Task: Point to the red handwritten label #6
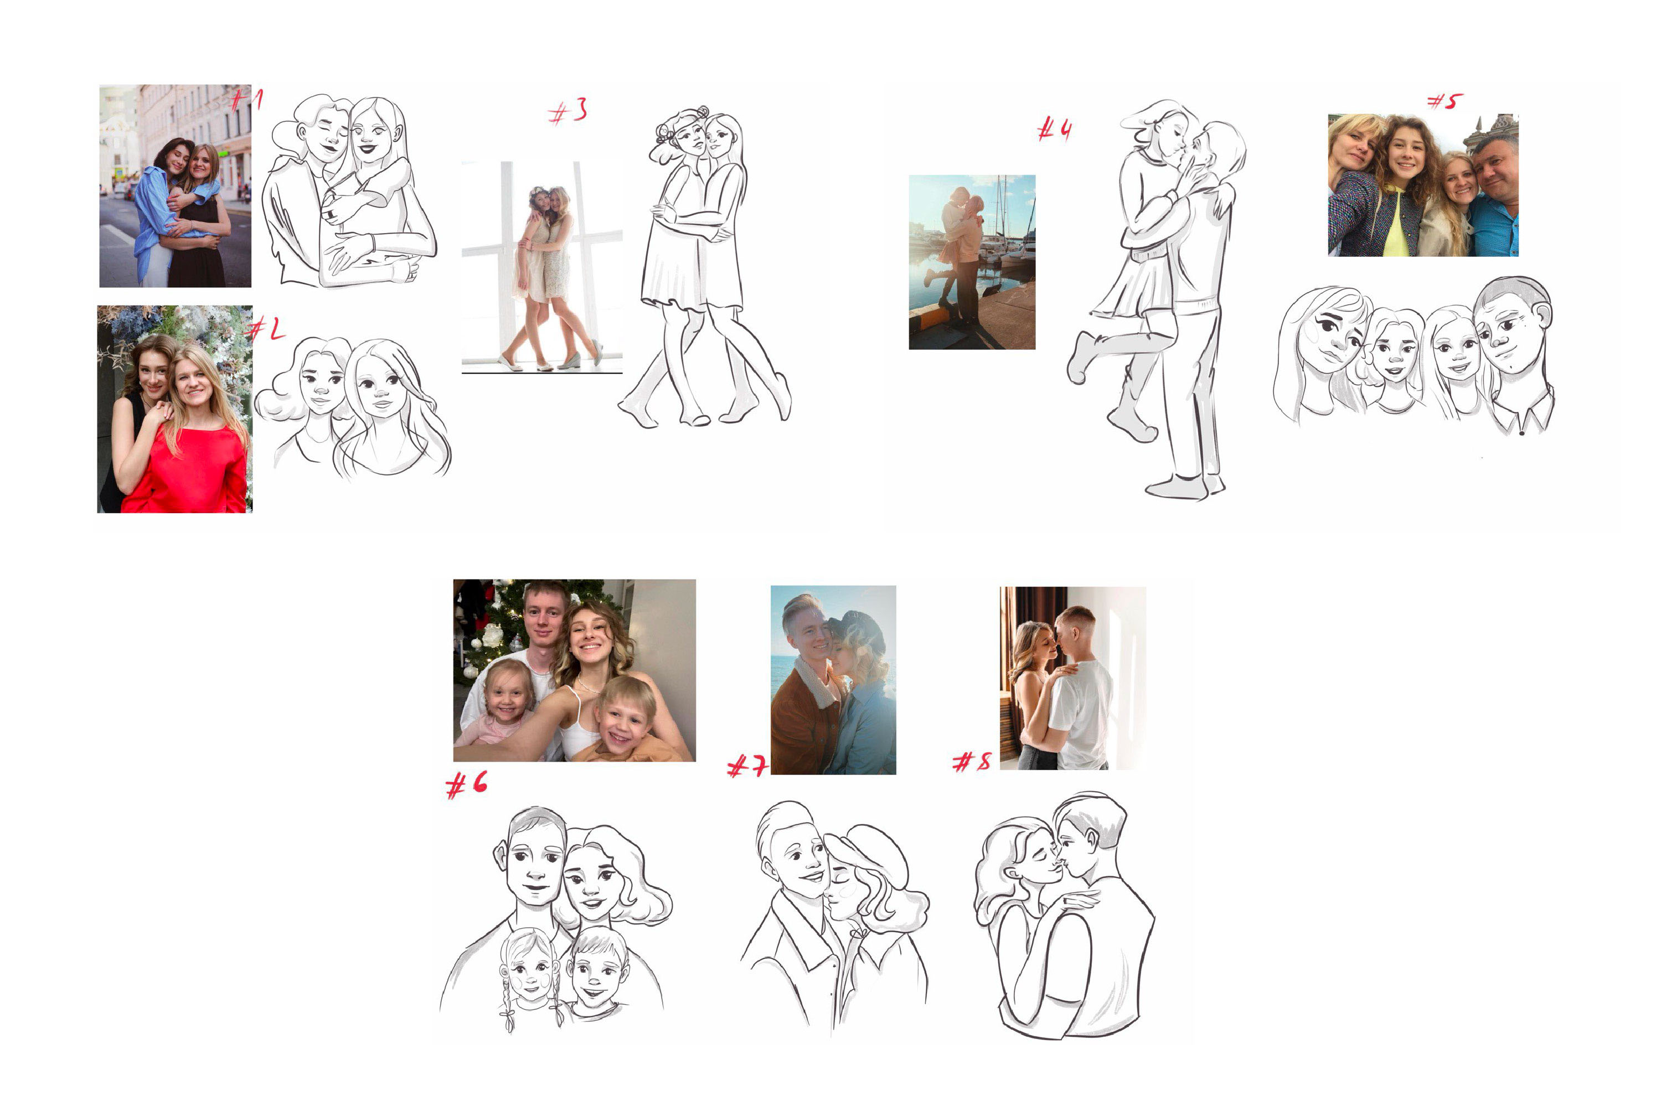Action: tap(467, 784)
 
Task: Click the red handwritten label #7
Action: tap(747, 766)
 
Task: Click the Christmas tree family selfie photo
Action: tap(574, 670)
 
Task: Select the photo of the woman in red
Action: tap(174, 409)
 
